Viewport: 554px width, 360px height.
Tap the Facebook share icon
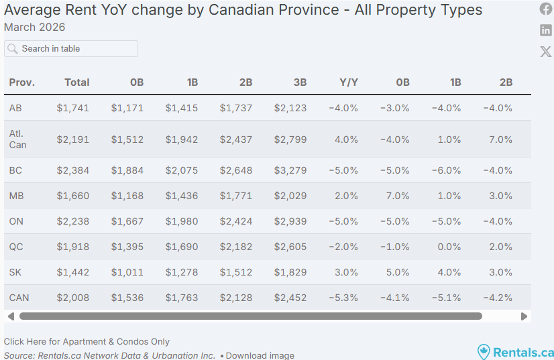546,9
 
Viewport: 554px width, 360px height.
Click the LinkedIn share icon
546,30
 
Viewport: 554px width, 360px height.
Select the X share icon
546,52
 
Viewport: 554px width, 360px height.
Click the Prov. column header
22,82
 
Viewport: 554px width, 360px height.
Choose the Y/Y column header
349,82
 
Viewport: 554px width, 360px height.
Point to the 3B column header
300,82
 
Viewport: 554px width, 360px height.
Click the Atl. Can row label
18,139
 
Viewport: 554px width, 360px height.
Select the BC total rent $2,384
73,170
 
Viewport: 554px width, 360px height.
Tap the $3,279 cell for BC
290,170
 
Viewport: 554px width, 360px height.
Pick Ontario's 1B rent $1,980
182,221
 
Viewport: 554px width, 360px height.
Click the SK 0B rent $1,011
127,272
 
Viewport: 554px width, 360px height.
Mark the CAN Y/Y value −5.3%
343,298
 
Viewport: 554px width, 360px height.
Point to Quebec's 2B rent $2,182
236,247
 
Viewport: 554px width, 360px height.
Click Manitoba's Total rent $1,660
73,196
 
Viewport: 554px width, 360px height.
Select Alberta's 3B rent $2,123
290,108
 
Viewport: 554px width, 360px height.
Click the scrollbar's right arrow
524,316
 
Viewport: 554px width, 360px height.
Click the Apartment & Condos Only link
87,342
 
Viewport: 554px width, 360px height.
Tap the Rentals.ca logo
515,352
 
